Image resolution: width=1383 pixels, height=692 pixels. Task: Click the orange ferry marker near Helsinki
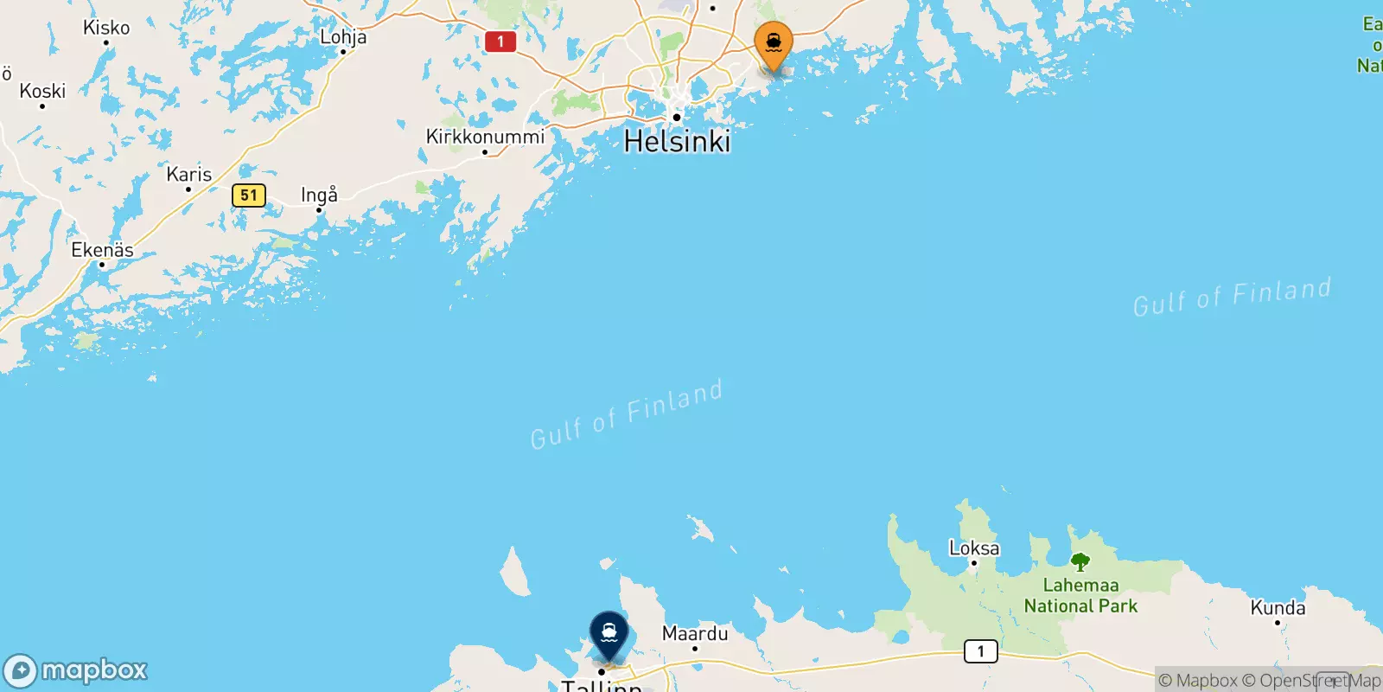click(774, 43)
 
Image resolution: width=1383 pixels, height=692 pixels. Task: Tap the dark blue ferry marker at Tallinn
click(609, 634)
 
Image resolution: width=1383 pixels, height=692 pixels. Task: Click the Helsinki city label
click(678, 142)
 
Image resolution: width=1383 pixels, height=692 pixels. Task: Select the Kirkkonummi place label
click(485, 137)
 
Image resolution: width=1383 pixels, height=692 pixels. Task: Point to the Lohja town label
click(343, 37)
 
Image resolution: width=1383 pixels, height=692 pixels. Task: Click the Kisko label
click(106, 28)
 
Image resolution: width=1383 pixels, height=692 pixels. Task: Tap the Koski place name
click(42, 91)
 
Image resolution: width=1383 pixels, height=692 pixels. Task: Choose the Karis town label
click(189, 175)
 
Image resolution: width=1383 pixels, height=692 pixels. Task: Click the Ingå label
click(319, 195)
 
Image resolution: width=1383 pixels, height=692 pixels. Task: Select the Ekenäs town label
click(102, 250)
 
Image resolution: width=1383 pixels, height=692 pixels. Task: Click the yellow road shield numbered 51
click(249, 195)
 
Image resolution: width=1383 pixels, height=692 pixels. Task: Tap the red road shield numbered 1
click(500, 42)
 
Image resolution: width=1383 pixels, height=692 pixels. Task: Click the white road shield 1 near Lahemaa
click(980, 651)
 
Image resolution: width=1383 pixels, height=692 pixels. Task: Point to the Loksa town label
click(974, 548)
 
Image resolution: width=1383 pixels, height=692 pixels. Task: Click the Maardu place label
click(695, 634)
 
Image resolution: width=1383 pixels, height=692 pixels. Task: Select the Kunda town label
click(1278, 608)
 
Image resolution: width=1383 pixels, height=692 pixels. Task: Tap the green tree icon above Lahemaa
click(1080, 562)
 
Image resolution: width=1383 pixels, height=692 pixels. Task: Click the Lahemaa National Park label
click(1080, 596)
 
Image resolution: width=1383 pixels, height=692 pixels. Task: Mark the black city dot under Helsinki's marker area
click(677, 117)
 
